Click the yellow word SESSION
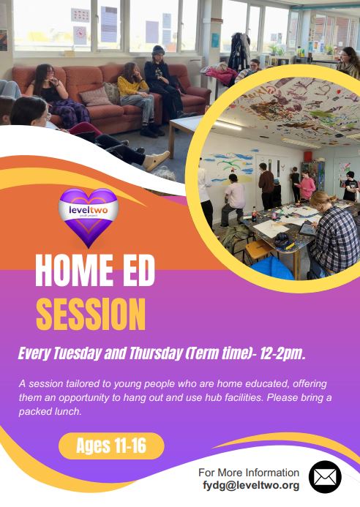(x=91, y=314)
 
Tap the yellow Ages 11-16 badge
(x=111, y=446)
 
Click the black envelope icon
(x=325, y=477)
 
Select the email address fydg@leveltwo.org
(x=251, y=485)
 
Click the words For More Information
(x=249, y=473)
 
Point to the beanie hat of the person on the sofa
(x=158, y=50)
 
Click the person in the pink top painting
(x=306, y=185)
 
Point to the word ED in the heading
(x=138, y=270)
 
